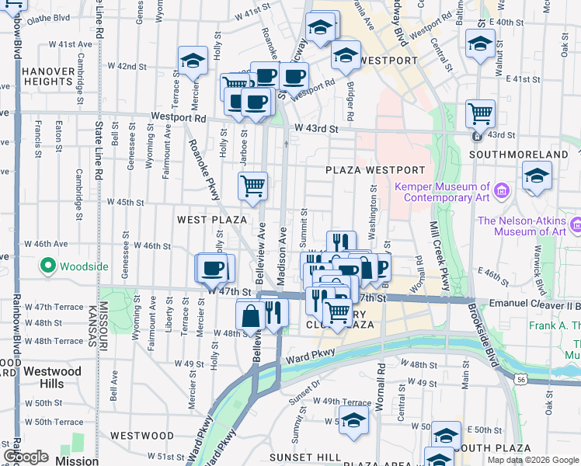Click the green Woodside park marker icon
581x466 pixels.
click(48, 266)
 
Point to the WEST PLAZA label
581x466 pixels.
click(211, 221)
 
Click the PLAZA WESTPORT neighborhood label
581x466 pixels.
click(375, 170)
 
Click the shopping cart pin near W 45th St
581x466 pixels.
click(252, 186)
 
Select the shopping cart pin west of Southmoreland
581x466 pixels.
click(481, 113)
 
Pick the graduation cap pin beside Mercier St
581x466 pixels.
click(192, 60)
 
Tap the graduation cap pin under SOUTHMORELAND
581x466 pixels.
click(537, 176)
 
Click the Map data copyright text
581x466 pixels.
click(532, 460)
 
